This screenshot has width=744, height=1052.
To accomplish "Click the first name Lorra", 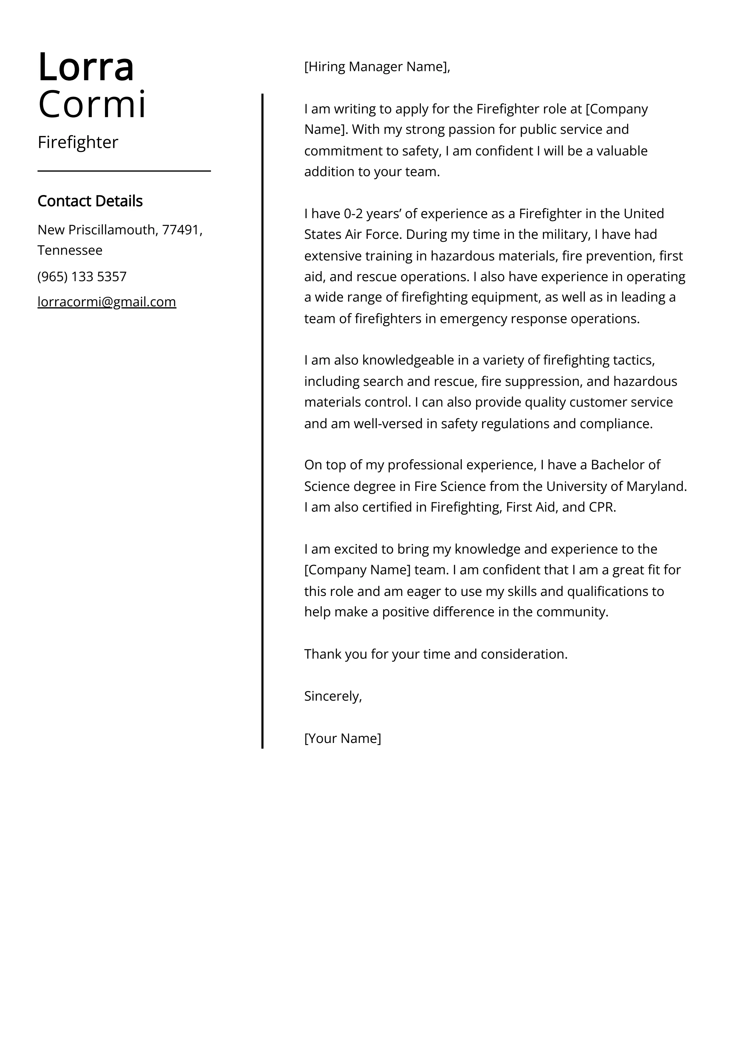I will click(86, 67).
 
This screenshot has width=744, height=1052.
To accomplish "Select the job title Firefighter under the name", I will click(78, 142).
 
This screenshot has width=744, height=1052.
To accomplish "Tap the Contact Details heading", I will click(90, 201).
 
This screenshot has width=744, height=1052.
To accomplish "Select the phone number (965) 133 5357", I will click(82, 276).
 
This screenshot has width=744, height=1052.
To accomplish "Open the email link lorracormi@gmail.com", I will click(107, 302).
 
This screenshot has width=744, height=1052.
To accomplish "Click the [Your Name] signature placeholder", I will click(342, 738).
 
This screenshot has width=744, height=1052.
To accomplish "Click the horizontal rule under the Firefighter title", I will click(124, 171).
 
